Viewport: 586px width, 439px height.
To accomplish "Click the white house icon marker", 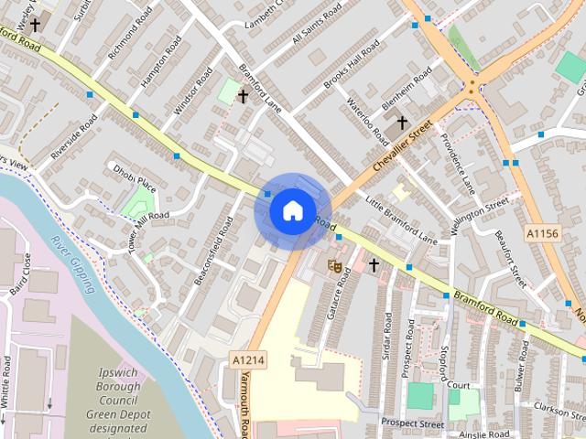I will pos(292,210).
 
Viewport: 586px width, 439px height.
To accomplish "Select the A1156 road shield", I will pos(542,234).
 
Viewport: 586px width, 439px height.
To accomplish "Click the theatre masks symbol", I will pos(335,265).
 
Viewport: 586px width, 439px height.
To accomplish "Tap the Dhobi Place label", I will pos(135,179).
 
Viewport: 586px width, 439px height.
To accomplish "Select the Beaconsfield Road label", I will pos(210,249).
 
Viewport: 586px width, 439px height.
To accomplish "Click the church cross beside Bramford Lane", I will pos(243,95).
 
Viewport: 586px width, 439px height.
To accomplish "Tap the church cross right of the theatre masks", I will pos(374,265).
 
